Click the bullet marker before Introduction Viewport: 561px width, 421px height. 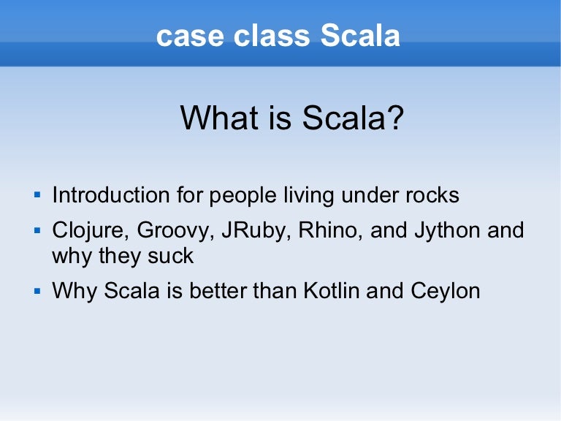pyautogui.click(x=37, y=195)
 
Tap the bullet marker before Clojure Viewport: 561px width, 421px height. pyautogui.click(x=37, y=231)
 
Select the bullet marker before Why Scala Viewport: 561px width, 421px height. pyautogui.click(x=37, y=290)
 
